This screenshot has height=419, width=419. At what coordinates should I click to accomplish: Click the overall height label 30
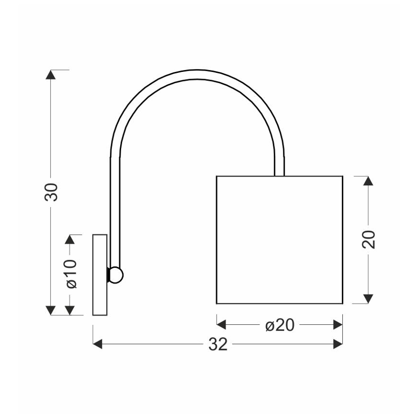pyautogui.click(x=51, y=192)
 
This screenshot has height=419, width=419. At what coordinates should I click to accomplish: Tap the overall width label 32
pyautogui.click(x=218, y=344)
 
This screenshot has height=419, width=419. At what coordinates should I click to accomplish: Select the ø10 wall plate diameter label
pyautogui.click(x=71, y=274)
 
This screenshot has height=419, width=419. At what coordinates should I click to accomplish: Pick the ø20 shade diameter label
pyautogui.click(x=280, y=325)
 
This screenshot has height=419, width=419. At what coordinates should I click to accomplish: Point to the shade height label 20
pyautogui.click(x=368, y=239)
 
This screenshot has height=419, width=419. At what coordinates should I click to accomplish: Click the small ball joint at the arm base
pyautogui.click(x=116, y=275)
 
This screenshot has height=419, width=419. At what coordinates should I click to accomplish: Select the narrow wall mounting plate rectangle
pyautogui.click(x=100, y=275)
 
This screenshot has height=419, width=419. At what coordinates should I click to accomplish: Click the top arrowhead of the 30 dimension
pyautogui.click(x=51, y=74)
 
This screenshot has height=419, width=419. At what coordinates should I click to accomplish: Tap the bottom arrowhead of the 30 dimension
pyautogui.click(x=51, y=310)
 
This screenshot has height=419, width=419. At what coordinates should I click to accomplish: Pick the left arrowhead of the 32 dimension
pyautogui.click(x=98, y=344)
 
